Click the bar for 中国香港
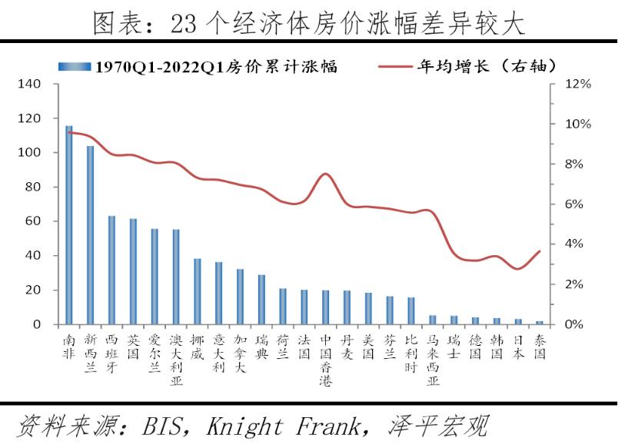click(x=325, y=307)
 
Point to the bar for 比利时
click(x=411, y=311)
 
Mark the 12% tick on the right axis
click(x=578, y=84)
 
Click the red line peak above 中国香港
click(x=325, y=174)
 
